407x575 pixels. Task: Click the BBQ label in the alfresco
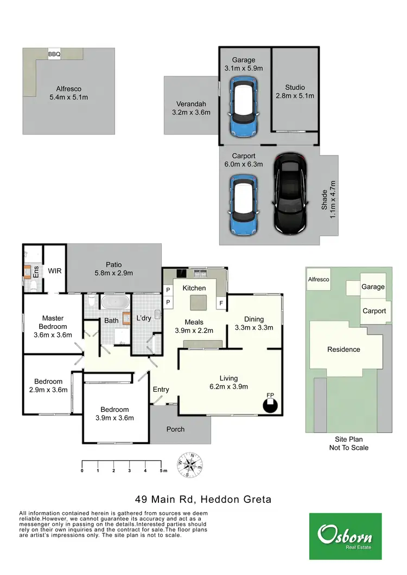tap(54, 54)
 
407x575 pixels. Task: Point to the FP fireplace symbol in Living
tap(270, 404)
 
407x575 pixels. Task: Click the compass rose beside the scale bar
tap(189, 465)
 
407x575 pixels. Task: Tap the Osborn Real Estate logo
tap(345, 536)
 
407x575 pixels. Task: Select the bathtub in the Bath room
tap(113, 302)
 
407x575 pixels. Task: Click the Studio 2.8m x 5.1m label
tap(295, 91)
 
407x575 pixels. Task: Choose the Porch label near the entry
tap(175, 429)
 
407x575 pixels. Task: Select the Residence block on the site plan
tap(344, 350)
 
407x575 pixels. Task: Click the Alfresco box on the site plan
tap(319, 280)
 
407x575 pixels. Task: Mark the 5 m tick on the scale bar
tap(161, 464)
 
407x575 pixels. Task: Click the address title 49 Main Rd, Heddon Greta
tap(203, 499)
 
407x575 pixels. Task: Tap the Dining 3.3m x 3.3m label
tap(253, 323)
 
